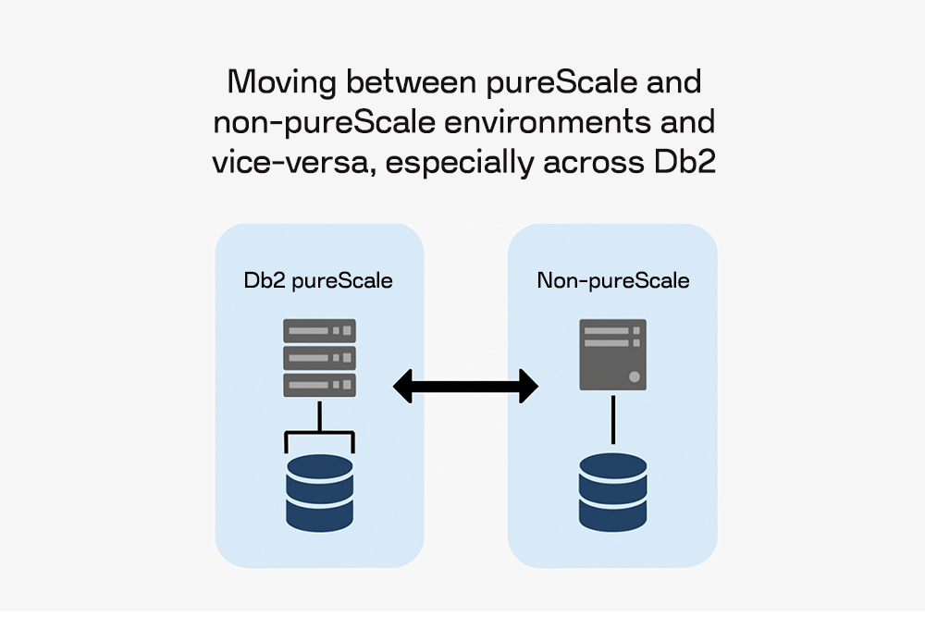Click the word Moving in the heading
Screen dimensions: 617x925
(x=282, y=82)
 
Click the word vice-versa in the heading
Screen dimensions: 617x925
(x=279, y=163)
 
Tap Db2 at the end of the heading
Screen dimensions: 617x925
(x=680, y=163)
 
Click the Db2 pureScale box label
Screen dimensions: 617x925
(x=318, y=280)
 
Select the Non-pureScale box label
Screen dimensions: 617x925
(x=613, y=280)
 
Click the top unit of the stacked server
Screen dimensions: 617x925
(x=319, y=331)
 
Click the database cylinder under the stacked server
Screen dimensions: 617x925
(x=319, y=491)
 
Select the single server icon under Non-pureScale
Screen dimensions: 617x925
(x=612, y=354)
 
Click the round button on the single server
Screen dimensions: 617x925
(x=634, y=376)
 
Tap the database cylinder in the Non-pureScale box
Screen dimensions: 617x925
(x=612, y=491)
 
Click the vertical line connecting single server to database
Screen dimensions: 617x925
(x=612, y=421)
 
